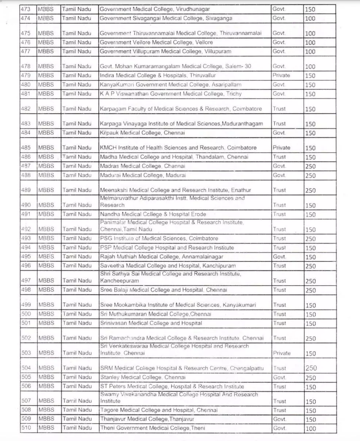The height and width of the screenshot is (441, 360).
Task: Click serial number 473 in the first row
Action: [26, 9]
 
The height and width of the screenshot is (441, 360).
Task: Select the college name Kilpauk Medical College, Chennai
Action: [142, 133]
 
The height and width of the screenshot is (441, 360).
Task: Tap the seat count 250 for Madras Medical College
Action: [310, 166]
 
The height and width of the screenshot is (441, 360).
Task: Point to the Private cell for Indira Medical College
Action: [281, 76]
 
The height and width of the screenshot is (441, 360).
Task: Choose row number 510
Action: [26, 428]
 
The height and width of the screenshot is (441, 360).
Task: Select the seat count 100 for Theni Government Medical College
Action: [310, 428]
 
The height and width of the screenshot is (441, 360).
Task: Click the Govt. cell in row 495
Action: [279, 257]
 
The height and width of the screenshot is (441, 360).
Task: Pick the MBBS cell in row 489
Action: [46, 190]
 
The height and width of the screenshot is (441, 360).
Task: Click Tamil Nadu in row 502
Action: [77, 338]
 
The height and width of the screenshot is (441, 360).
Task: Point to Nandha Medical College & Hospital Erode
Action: [153, 214]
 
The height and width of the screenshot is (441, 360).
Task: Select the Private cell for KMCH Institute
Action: [281, 148]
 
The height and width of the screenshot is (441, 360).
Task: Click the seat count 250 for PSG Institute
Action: [310, 239]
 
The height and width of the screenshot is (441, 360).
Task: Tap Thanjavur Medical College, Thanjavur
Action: [147, 419]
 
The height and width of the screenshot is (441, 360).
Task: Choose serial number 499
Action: [26, 305]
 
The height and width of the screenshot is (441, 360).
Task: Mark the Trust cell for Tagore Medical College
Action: [279, 410]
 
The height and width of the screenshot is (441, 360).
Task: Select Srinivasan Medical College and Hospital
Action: [151, 323]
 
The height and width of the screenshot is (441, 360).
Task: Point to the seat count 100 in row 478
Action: [310, 66]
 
